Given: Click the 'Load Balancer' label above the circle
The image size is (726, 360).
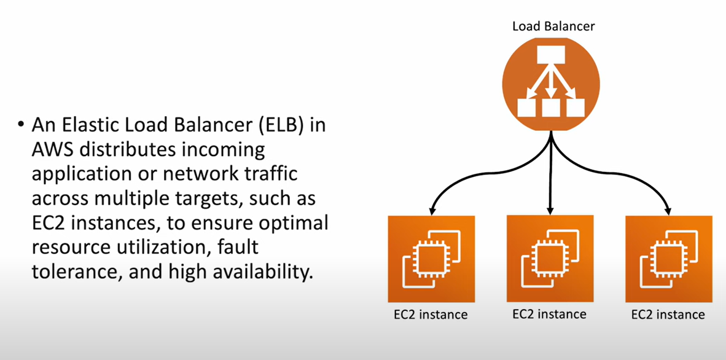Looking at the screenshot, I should point(553,26).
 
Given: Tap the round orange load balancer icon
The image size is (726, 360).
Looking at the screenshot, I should point(550,85).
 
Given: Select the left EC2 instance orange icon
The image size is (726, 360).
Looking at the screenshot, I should point(431,259).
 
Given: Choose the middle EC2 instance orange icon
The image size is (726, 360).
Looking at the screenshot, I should point(550,259).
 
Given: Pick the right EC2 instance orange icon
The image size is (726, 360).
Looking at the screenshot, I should point(669,259).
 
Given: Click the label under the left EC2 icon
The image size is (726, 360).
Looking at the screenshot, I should point(431,315).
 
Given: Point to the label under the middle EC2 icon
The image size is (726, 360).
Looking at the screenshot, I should point(550,314).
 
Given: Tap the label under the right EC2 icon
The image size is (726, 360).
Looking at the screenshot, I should point(668,315).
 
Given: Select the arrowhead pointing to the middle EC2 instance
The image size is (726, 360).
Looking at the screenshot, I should point(550,208).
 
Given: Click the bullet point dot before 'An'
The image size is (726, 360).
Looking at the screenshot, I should point(21,125).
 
